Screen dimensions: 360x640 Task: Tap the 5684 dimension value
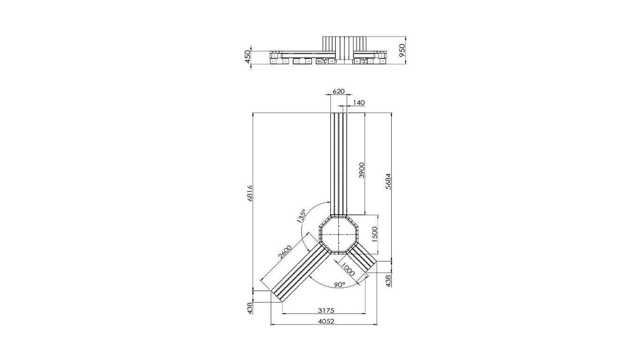pyautogui.click(x=388, y=181)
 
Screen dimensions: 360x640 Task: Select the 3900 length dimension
pyautogui.click(x=361, y=170)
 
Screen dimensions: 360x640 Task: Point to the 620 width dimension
pyautogui.click(x=338, y=91)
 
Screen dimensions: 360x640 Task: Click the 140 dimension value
pyautogui.click(x=358, y=103)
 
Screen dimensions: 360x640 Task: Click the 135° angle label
pyautogui.click(x=301, y=217)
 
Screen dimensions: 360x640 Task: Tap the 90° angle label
pyautogui.click(x=340, y=285)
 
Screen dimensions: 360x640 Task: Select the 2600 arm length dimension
pyautogui.click(x=285, y=252)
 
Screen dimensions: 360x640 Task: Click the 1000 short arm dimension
pyautogui.click(x=347, y=270)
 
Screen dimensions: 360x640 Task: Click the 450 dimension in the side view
pyautogui.click(x=248, y=56)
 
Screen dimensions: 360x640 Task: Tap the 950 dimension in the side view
pyautogui.click(x=402, y=50)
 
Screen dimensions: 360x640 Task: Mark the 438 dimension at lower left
pyautogui.click(x=250, y=307)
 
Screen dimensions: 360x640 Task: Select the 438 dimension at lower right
pyautogui.click(x=388, y=280)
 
